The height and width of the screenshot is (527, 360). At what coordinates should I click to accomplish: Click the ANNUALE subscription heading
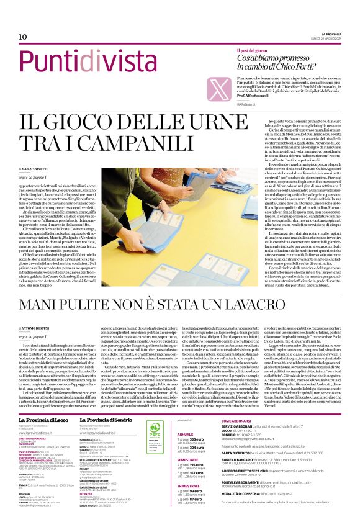(x=186, y=417)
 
